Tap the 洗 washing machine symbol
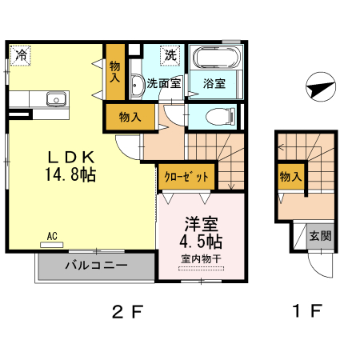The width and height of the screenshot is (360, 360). click(170, 55)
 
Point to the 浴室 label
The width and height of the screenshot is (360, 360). click(214, 82)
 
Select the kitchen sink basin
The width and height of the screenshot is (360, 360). click(55, 99)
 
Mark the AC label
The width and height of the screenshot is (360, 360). click(53, 236)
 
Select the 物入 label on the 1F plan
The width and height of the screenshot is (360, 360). click(290, 177)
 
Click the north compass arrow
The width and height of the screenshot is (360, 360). click(318, 87)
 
